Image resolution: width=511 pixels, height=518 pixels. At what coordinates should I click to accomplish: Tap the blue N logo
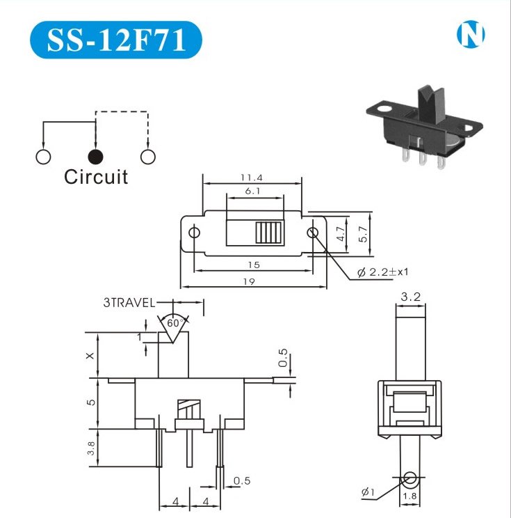click(471, 36)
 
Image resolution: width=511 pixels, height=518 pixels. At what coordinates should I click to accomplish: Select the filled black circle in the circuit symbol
click(95, 156)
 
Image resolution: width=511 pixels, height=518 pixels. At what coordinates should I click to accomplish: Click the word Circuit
click(96, 177)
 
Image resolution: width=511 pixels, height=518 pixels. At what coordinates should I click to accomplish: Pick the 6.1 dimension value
click(253, 191)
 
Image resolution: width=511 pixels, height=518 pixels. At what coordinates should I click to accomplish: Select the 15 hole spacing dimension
click(254, 265)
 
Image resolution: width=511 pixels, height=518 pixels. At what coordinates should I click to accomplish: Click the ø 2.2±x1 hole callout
click(382, 273)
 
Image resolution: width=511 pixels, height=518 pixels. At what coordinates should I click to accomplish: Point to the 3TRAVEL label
click(129, 303)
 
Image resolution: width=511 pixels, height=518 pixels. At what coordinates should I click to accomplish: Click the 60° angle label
click(173, 323)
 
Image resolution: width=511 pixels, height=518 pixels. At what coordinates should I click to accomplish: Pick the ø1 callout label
click(368, 493)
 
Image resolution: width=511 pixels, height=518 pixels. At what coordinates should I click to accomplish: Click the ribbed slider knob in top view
click(268, 232)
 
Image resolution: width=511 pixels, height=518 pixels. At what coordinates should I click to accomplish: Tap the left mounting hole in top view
click(195, 232)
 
